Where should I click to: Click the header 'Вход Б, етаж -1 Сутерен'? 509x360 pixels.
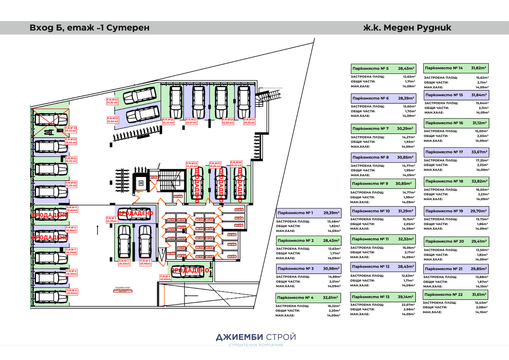(89, 28)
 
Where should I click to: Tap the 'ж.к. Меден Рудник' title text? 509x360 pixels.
(407, 28)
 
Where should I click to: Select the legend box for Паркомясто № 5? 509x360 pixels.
(383, 68)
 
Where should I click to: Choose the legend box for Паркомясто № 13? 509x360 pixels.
(383, 297)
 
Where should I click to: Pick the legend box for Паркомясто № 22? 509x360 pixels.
(455, 294)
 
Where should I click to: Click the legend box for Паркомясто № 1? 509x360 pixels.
(308, 213)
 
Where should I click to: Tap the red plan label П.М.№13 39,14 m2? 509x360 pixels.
(71, 129)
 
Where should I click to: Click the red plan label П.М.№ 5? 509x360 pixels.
(72, 292)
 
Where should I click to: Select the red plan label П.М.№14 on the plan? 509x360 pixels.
(113, 101)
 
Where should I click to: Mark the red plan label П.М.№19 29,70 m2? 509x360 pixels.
(249, 121)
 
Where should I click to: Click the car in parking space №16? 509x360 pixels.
(176, 101)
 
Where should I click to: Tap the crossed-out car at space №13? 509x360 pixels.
(51, 119)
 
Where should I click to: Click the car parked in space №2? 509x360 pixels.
(124, 242)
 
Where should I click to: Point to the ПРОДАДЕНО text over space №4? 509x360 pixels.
(190, 270)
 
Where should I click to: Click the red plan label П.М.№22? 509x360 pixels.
(192, 165)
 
